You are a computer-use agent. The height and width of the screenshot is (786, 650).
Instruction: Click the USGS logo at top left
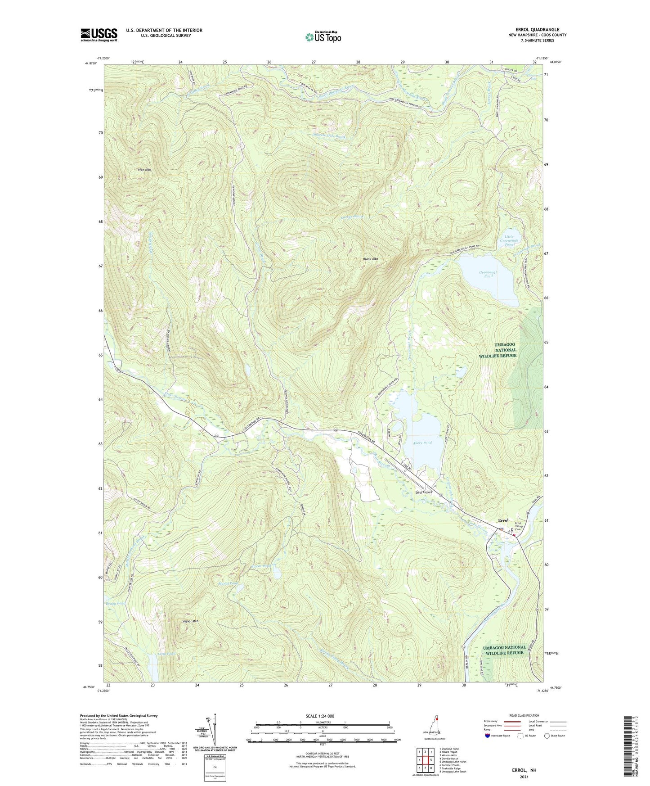click(x=99, y=35)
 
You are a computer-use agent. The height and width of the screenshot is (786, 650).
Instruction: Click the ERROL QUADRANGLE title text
click(x=537, y=29)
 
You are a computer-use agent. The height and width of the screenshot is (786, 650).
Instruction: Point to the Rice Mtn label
click(x=144, y=170)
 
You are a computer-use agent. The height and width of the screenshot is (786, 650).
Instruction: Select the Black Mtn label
click(x=371, y=259)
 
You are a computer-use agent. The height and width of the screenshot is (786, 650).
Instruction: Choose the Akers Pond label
click(x=422, y=443)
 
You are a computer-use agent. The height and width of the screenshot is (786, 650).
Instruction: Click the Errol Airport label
click(x=423, y=492)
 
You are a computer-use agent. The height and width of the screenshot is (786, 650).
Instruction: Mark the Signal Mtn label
click(x=190, y=621)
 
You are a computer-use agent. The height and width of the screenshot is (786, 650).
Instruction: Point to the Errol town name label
click(x=503, y=520)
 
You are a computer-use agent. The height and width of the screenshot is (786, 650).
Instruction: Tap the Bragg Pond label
click(x=115, y=604)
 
